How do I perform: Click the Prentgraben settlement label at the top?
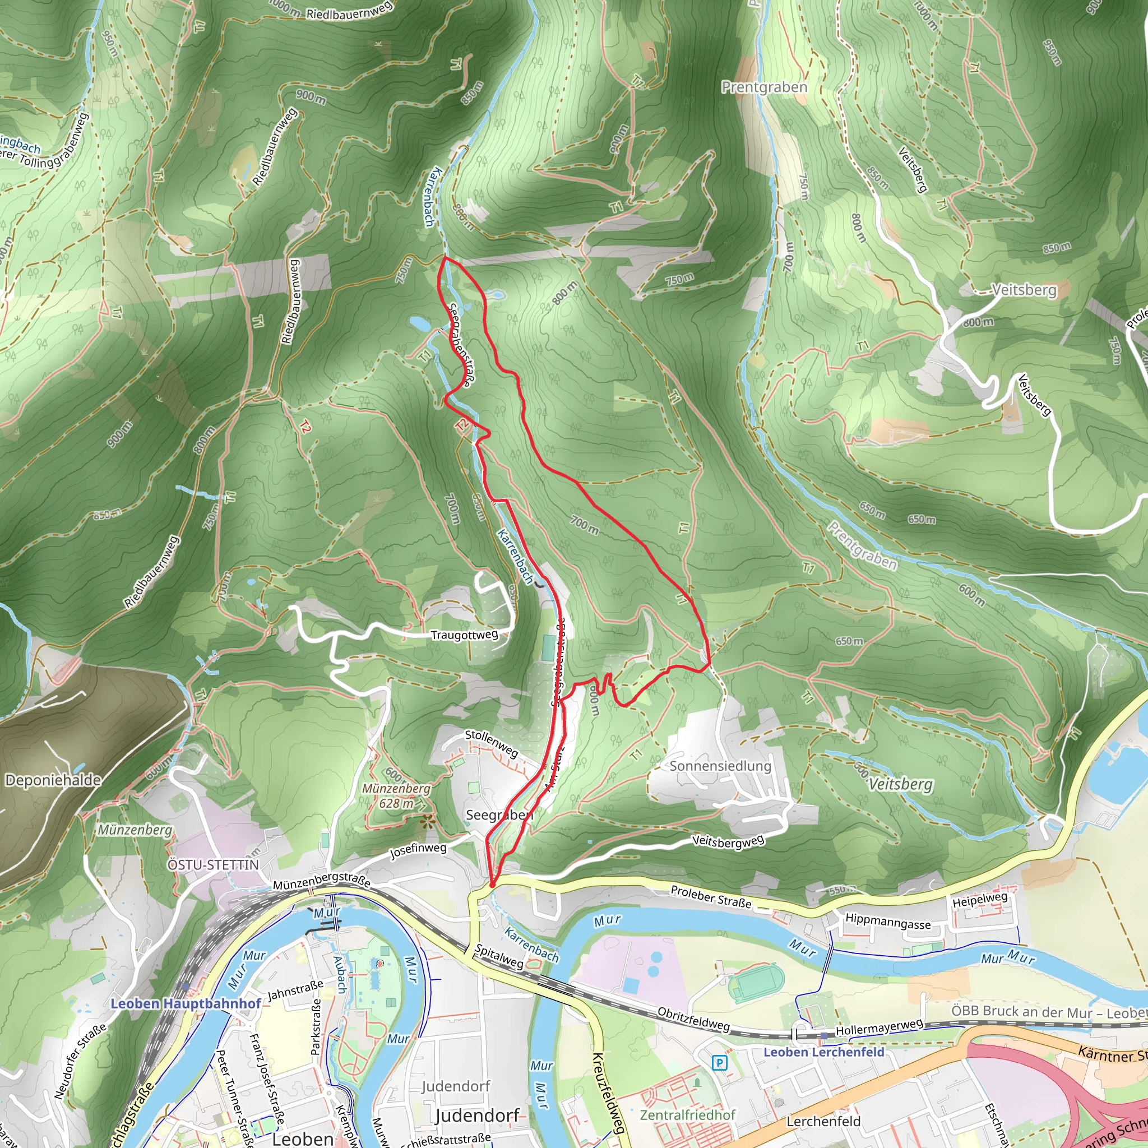pos(764,87)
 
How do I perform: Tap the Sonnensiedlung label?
pos(720,766)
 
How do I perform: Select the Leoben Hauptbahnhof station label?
pos(186,1003)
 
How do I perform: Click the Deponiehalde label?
pos(53,780)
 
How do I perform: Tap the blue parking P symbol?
pos(720,1062)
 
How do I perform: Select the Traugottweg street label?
pos(465,635)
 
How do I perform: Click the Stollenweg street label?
pos(492,743)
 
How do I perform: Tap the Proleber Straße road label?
pos(711,897)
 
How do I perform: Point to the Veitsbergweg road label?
pos(728,841)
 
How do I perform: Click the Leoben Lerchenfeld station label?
pos(823,1052)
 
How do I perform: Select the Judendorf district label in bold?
pos(478,1115)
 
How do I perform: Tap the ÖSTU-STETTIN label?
pos(214,864)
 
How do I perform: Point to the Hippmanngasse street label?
pos(888,922)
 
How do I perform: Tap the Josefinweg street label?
pos(418,850)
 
